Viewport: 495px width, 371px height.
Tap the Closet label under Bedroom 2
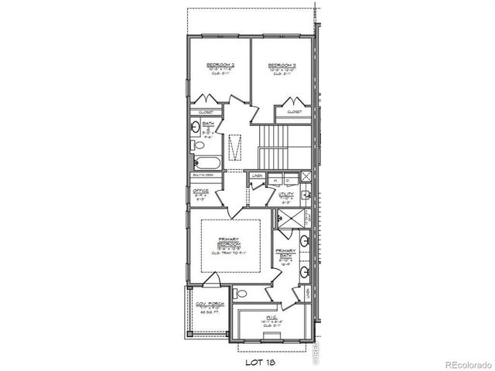207,112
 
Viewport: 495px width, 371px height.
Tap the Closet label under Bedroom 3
295,112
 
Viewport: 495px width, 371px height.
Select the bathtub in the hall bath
207,163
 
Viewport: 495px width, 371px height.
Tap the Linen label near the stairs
256,175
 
